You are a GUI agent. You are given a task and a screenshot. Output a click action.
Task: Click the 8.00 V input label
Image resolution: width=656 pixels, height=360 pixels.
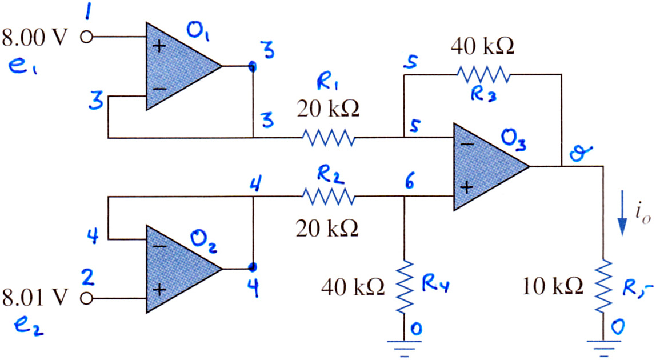[x=34, y=38]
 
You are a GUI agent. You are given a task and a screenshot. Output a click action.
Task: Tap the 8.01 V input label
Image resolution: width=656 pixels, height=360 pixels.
[x=34, y=298]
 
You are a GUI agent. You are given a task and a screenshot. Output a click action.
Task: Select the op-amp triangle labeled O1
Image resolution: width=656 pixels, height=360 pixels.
[x=183, y=66]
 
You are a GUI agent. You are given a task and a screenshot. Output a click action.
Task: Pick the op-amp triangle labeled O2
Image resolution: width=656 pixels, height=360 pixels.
[x=183, y=269]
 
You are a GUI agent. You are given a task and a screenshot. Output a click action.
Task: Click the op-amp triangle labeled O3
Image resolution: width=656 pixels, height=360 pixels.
[x=491, y=167]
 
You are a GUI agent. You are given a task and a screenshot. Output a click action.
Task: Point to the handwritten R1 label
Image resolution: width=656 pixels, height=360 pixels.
[x=327, y=82]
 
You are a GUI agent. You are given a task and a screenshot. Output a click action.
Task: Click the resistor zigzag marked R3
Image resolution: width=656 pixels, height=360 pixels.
[x=483, y=74]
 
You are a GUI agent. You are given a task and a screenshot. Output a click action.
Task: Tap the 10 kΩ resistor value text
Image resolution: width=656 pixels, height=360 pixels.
[x=553, y=287]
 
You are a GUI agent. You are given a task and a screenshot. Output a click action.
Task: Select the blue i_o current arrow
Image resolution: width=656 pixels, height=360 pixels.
[x=622, y=213]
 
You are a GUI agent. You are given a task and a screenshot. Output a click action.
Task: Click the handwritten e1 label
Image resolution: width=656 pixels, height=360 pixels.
[x=22, y=66]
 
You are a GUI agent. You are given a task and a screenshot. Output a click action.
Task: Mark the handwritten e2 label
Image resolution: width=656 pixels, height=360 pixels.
[x=29, y=325]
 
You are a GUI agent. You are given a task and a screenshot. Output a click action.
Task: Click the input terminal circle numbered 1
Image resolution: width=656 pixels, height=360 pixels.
[x=87, y=37]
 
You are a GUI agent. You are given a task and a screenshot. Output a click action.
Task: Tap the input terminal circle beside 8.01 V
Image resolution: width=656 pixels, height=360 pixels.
[x=87, y=298]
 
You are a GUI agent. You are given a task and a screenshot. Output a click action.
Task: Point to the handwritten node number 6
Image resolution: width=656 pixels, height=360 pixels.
[x=410, y=182]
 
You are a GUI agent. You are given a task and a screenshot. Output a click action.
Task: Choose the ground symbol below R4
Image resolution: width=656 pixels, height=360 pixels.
[x=404, y=348]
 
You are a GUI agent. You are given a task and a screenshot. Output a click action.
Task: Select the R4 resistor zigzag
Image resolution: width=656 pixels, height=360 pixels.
[x=404, y=287]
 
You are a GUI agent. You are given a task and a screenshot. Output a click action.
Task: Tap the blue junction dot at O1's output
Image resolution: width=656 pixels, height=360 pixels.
[x=252, y=66]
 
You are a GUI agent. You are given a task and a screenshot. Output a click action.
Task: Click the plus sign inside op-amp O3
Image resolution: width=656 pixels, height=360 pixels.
[x=467, y=187]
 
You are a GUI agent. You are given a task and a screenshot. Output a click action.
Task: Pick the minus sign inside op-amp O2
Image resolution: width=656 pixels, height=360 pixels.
[x=159, y=246]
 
